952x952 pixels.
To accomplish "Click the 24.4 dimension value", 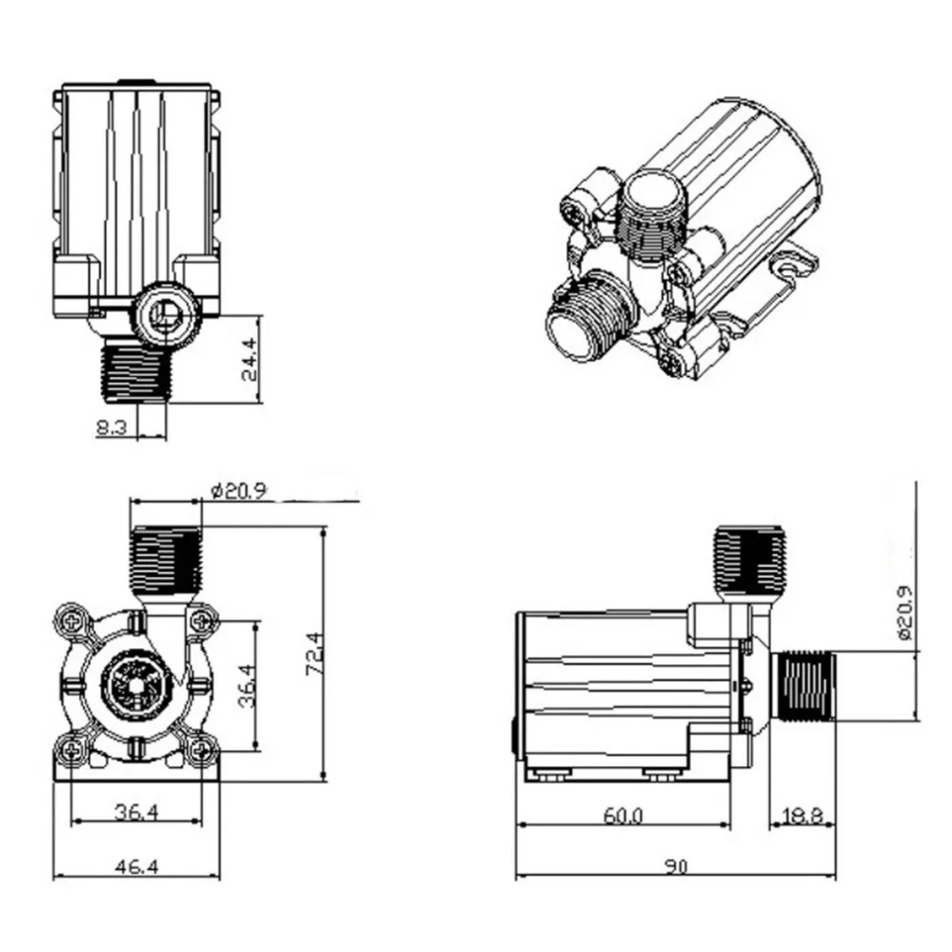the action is pyautogui.click(x=249, y=360).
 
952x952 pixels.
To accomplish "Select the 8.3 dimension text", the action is pyautogui.click(x=111, y=427).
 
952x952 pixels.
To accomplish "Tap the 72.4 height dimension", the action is pyautogui.click(x=314, y=654).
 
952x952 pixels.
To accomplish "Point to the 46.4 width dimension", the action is pyautogui.click(x=137, y=866).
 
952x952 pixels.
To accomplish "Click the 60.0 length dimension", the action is pyautogui.click(x=623, y=816).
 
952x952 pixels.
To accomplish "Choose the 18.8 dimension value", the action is pyautogui.click(x=802, y=816).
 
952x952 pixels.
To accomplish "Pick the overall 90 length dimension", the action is pyautogui.click(x=676, y=866).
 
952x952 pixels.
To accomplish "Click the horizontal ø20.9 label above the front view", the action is pyautogui.click(x=239, y=490).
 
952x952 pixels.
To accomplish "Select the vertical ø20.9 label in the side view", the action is pyautogui.click(x=904, y=612).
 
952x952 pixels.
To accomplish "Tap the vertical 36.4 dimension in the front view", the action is pyautogui.click(x=248, y=685).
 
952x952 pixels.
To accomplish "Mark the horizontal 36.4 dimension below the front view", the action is pyautogui.click(x=137, y=812).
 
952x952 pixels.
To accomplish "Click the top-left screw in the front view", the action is pyautogui.click(x=72, y=621).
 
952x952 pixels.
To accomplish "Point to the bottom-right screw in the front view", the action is pyautogui.click(x=202, y=751).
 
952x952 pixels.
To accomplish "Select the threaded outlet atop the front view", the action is pyautogui.click(x=166, y=561).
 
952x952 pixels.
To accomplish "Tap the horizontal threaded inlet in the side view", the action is pyautogui.click(x=803, y=685).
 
